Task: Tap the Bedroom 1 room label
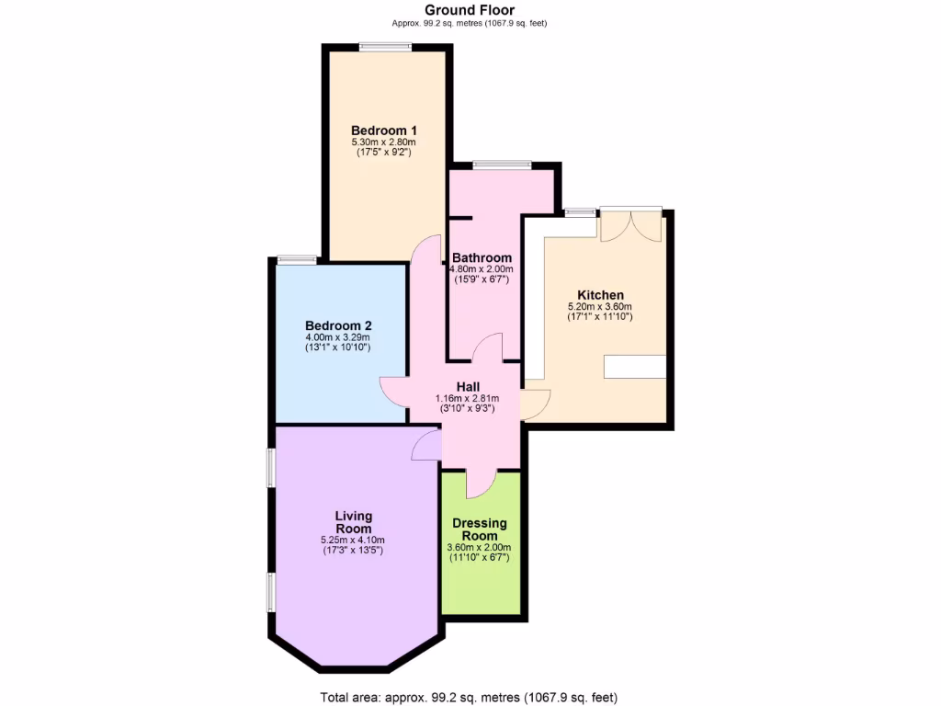(383, 130)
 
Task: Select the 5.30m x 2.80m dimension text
(383, 142)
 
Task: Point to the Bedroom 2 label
(338, 325)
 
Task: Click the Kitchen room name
(600, 295)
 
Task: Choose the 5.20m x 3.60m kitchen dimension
(600, 307)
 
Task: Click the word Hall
(468, 386)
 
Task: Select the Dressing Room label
(480, 529)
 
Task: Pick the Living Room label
(354, 522)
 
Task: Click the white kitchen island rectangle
(635, 366)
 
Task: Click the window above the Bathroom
(502, 165)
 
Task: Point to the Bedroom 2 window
(297, 259)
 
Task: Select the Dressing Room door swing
(480, 483)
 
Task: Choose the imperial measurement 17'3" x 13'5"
(353, 551)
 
